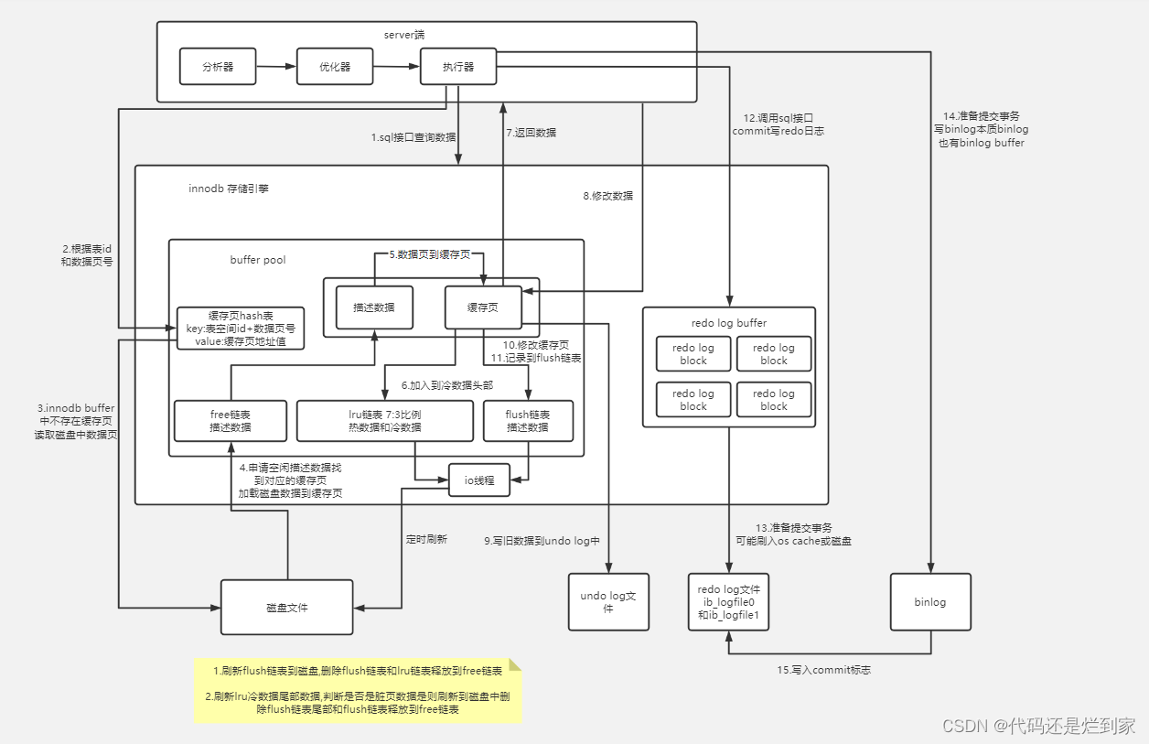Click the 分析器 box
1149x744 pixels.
point(218,67)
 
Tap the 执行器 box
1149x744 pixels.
point(458,67)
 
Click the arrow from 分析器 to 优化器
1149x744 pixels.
point(276,67)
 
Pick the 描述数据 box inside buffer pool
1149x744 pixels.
point(374,307)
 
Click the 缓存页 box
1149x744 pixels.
point(482,307)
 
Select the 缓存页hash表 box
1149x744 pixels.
point(240,328)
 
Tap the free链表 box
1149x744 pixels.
point(231,421)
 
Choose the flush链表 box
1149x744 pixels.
point(528,421)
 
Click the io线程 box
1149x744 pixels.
point(478,480)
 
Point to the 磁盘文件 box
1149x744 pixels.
point(286,607)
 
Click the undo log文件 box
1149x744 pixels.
point(608,601)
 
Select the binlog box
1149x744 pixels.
point(929,601)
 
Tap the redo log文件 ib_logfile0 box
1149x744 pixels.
point(728,601)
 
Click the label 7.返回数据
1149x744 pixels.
point(532,133)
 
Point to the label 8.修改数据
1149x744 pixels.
point(608,195)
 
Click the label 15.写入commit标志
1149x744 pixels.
point(823,670)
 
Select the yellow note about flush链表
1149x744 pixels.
point(358,690)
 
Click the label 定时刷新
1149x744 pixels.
point(426,540)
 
